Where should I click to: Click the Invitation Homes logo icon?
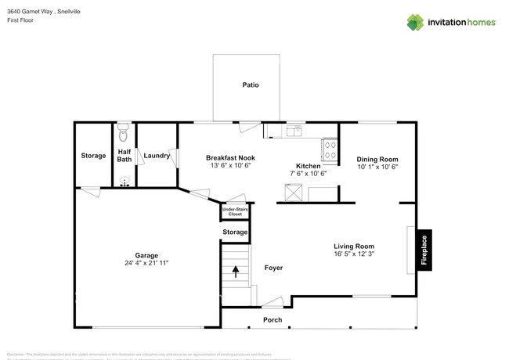click(415, 22)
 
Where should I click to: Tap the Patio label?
click(250, 85)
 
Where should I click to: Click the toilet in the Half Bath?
click(124, 131)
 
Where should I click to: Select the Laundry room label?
click(157, 156)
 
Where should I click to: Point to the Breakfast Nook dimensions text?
click(227, 166)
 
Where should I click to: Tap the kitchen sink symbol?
click(295, 131)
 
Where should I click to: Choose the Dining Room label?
click(378, 157)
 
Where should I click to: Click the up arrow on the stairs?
click(236, 272)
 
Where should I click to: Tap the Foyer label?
click(273, 268)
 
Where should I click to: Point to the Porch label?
click(273, 319)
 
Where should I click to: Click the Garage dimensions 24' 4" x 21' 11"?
click(146, 264)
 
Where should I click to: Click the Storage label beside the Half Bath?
click(93, 156)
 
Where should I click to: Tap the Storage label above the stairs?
click(235, 232)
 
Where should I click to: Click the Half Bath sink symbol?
click(124, 182)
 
